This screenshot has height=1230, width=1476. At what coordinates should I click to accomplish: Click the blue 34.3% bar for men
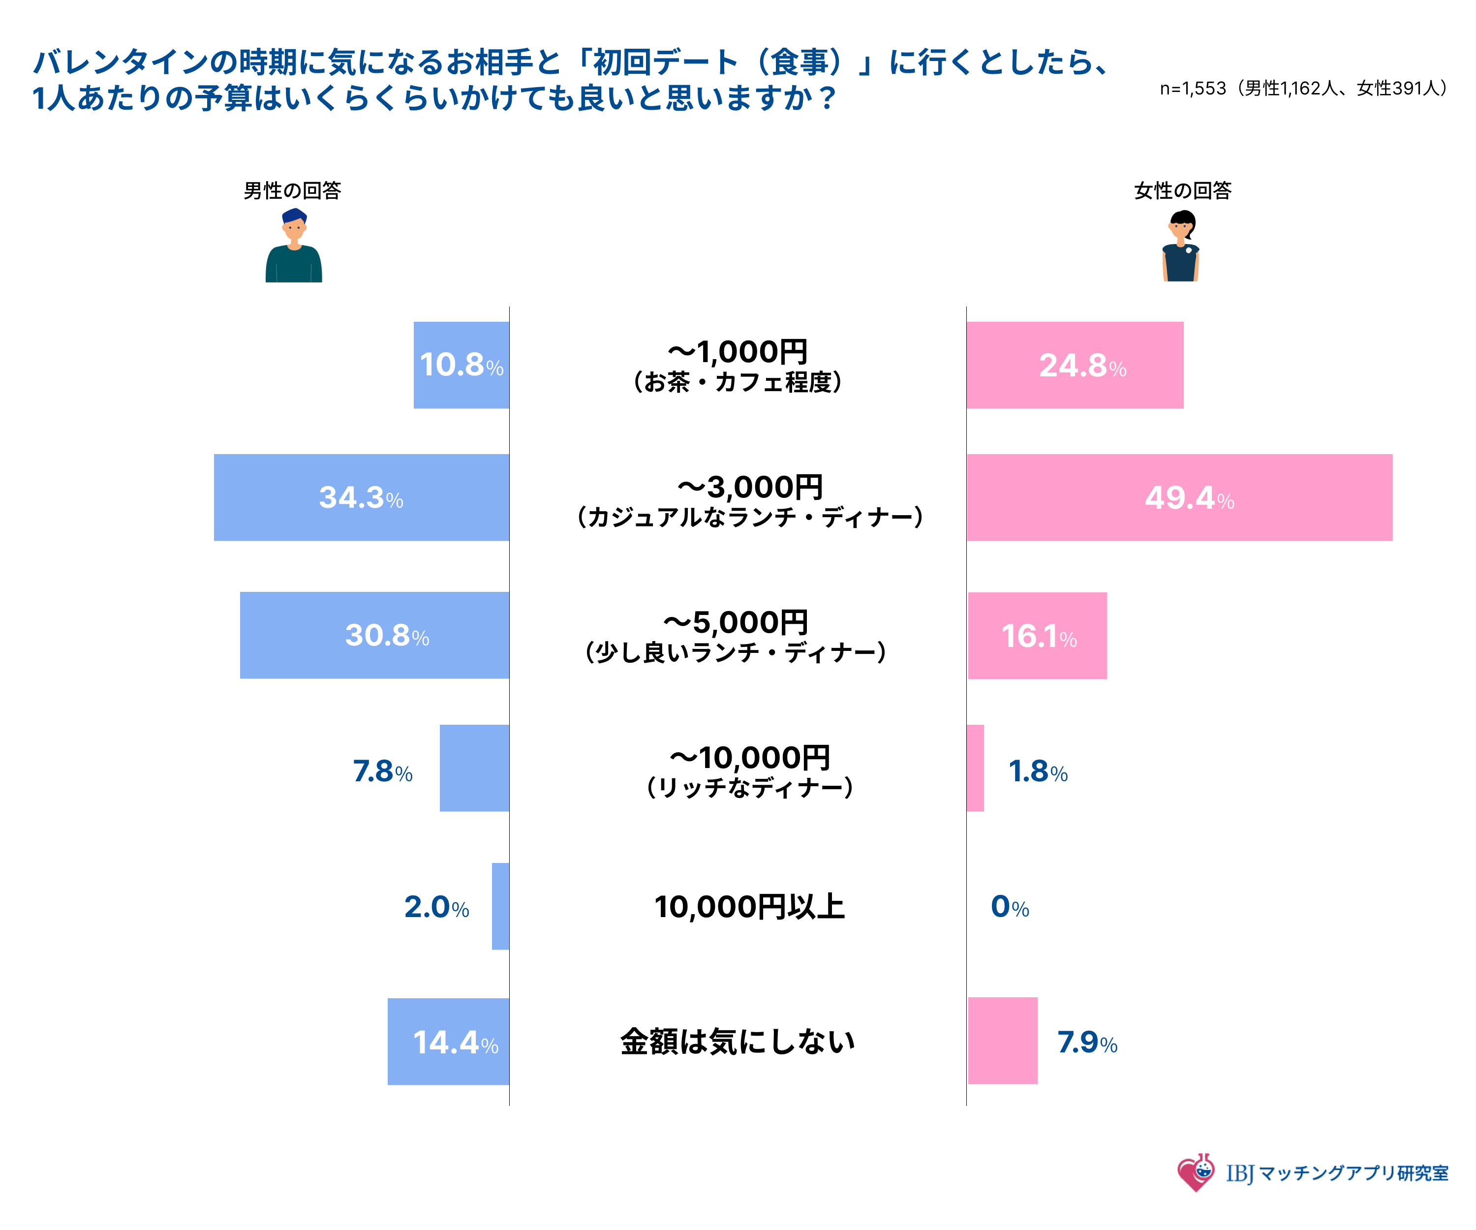(x=361, y=497)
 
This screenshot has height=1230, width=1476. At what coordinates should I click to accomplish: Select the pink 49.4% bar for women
(x=1179, y=497)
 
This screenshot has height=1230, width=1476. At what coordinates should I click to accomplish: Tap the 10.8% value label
(x=461, y=365)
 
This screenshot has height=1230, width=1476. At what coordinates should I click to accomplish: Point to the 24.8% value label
(x=1082, y=366)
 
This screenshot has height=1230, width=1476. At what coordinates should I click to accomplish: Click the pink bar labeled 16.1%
(x=1038, y=635)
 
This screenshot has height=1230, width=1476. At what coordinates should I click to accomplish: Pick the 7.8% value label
(x=382, y=771)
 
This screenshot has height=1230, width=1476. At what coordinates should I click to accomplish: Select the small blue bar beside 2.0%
(x=500, y=906)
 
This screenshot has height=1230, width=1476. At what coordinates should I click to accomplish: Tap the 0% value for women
(x=1009, y=907)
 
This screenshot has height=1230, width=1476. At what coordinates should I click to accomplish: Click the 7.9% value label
(x=1087, y=1043)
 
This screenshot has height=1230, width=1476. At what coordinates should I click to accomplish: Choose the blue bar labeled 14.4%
(x=448, y=1042)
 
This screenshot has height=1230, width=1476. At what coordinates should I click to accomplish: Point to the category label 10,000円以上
(x=749, y=907)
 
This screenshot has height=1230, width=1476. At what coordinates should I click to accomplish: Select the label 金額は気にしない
(x=738, y=1042)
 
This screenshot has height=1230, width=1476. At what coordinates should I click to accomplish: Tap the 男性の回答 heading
(x=292, y=190)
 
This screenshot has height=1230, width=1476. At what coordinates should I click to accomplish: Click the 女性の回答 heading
(x=1182, y=190)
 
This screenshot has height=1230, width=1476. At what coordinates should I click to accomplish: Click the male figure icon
(x=294, y=246)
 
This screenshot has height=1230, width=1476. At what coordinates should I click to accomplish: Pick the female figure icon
(x=1181, y=246)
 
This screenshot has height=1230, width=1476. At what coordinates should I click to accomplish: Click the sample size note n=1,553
(x=1303, y=89)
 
